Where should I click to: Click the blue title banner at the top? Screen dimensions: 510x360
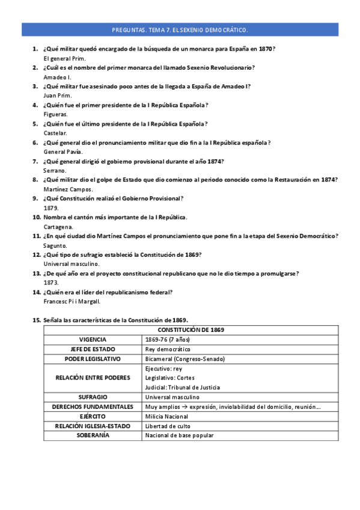coord(180,29)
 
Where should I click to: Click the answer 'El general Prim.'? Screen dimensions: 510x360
coord(65,58)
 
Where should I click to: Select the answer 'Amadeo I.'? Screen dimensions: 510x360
coord(58,78)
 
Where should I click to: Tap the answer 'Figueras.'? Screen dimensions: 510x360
coord(56,114)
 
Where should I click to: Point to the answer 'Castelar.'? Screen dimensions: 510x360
coord(56,133)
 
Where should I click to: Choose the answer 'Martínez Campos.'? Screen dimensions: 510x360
coord(68,189)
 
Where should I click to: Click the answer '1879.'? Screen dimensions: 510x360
coord(51,208)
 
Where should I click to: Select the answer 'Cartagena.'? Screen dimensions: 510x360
coord(58,227)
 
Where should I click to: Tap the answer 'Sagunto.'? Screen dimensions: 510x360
coord(56,245)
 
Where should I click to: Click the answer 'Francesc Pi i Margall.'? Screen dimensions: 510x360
coord(72,301)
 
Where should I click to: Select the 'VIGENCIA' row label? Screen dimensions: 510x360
coord(93,340)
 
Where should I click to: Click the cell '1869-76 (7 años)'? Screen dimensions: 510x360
coord(169,340)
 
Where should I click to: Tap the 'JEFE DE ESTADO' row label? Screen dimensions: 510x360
coord(93,349)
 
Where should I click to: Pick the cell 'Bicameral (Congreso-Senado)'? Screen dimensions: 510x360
coord(185,359)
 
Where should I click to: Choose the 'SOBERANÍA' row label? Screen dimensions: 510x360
coord(93,435)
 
